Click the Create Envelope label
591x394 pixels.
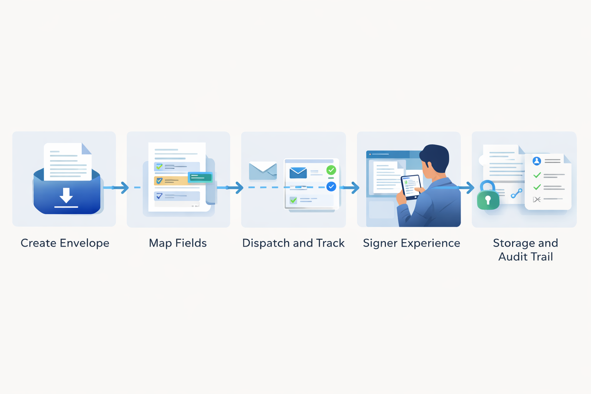tap(65, 243)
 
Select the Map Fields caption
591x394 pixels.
tap(178, 243)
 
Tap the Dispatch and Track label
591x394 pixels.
tap(293, 243)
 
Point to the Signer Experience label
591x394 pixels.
tap(411, 243)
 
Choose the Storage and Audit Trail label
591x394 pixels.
tap(525, 250)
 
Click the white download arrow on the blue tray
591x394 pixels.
tap(66, 196)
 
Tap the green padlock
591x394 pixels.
tap(488, 199)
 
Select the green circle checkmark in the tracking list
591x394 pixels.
tap(331, 170)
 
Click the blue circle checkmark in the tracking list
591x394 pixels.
tap(331, 187)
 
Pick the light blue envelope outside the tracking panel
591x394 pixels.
tap(263, 171)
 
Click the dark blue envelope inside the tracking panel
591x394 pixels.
tap(298, 172)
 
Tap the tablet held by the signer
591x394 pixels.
tap(411, 187)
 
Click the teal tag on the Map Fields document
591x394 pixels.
tap(200, 177)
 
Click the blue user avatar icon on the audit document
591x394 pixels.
tap(536, 161)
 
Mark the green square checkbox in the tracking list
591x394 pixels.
tap(293, 200)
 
